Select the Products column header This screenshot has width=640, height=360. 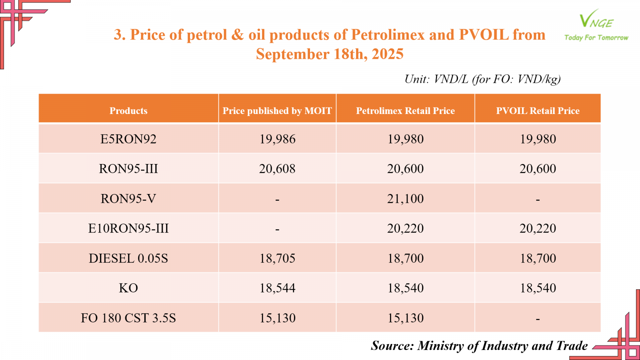click(x=128, y=111)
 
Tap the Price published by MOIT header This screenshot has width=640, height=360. click(x=277, y=111)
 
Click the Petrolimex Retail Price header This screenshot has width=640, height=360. click(x=405, y=111)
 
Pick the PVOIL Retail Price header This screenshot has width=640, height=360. click(x=538, y=111)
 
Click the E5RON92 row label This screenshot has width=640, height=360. click(x=128, y=139)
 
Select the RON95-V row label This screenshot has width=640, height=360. click(x=128, y=199)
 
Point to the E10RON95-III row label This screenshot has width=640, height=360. click(x=128, y=228)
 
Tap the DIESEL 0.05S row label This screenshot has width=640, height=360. click(x=128, y=258)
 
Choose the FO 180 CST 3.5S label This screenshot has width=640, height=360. click(x=128, y=318)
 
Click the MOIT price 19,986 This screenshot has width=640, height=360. click(x=277, y=139)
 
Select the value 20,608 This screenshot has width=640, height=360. click(x=277, y=169)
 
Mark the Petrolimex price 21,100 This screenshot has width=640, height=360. click(x=405, y=199)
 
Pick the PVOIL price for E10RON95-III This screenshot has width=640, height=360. click(x=538, y=228)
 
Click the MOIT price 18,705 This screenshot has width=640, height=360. click(x=277, y=258)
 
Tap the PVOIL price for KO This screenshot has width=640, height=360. click(x=538, y=288)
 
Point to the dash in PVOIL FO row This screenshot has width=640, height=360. click(x=538, y=319)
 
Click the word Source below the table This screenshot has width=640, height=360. click(x=392, y=346)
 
